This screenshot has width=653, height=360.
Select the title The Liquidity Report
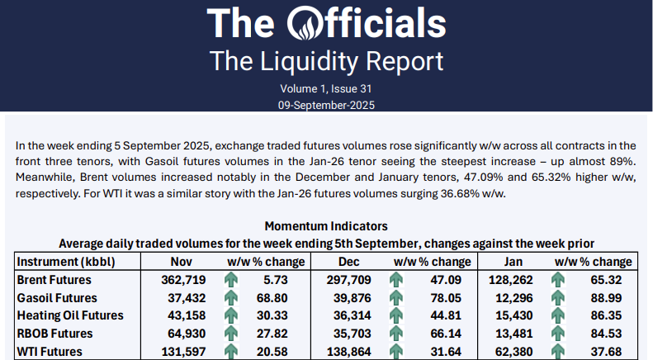[x=326, y=61]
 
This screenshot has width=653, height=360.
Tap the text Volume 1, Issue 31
[x=326, y=88]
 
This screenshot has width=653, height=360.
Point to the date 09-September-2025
[x=326, y=105]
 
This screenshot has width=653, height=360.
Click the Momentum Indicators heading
[x=326, y=226]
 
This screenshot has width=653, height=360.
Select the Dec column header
[x=348, y=262]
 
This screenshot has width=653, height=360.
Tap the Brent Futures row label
[x=55, y=280]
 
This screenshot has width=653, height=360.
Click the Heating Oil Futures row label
[x=70, y=315]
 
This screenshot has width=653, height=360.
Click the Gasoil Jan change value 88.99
[x=614, y=298]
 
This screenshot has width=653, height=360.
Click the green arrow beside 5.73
[x=231, y=280]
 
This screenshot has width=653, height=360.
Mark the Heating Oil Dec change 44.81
[x=442, y=315]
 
